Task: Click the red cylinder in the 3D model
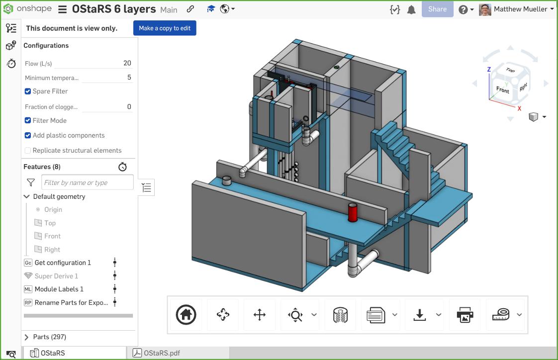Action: click(x=353, y=212)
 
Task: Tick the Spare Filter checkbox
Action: click(x=28, y=91)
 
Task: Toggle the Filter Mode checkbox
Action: click(x=28, y=121)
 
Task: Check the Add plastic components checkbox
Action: click(x=28, y=136)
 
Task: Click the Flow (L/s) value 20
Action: click(x=127, y=63)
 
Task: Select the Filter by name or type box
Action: click(x=87, y=182)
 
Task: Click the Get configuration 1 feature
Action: click(x=63, y=263)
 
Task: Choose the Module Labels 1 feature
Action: click(x=59, y=289)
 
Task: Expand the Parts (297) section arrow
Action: click(x=27, y=337)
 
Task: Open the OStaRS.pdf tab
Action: click(x=161, y=353)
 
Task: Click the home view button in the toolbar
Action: click(x=186, y=315)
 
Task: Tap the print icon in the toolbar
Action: click(x=465, y=315)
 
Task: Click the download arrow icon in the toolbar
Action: click(x=420, y=315)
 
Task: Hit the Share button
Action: click(x=437, y=9)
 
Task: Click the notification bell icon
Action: click(x=411, y=9)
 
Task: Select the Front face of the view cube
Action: click(x=502, y=90)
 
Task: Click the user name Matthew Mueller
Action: click(x=520, y=9)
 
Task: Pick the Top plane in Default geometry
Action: click(x=50, y=223)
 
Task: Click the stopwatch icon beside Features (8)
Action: click(x=123, y=167)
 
